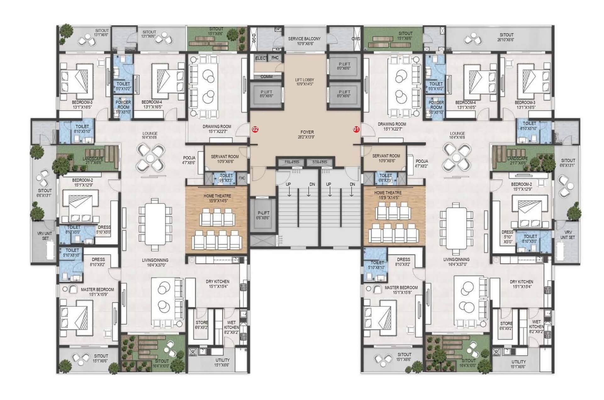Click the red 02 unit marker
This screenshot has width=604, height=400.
click(x=255, y=129)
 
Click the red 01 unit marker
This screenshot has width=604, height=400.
click(x=356, y=129)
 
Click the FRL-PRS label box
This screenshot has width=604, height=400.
click(x=292, y=162)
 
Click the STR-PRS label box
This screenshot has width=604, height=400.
click(x=320, y=162)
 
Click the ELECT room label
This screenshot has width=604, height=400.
click(x=261, y=58)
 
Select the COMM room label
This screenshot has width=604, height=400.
click(x=266, y=76)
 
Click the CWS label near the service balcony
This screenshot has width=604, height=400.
click(x=356, y=39)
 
